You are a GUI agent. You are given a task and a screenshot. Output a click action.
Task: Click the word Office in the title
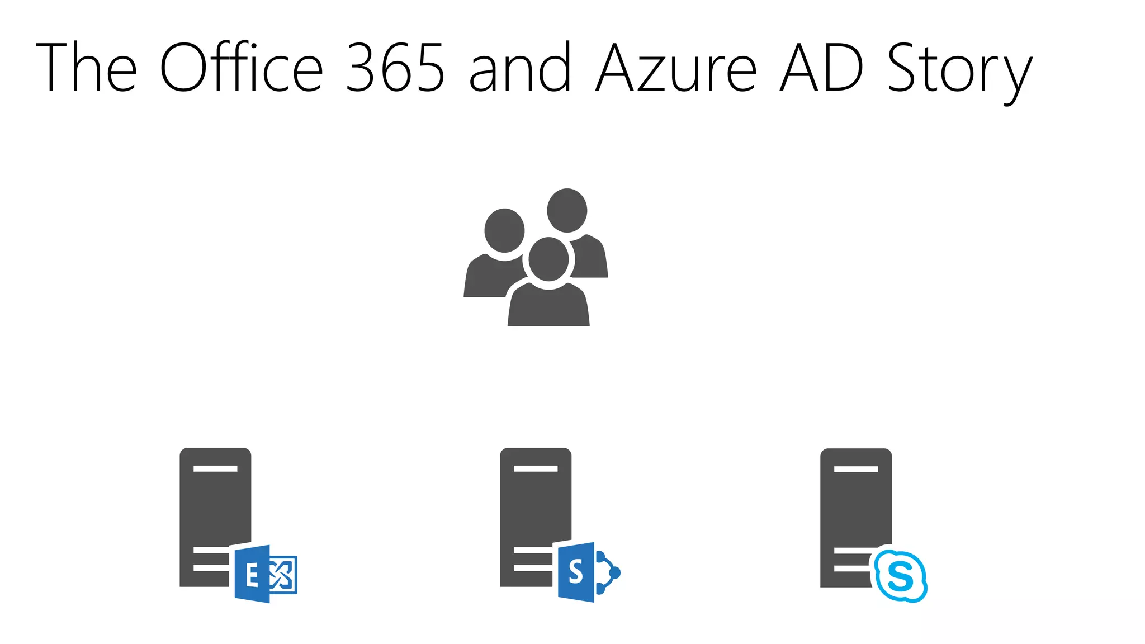(241, 68)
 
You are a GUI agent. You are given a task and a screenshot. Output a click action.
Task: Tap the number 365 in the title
(395, 68)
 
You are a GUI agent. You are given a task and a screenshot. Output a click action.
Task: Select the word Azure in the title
(676, 68)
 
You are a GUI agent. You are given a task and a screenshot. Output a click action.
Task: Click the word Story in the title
(959, 70)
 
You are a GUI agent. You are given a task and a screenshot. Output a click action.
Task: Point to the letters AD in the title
(822, 68)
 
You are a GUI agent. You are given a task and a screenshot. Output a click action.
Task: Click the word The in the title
(86, 68)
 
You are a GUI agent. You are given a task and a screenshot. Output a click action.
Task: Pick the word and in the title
(521, 68)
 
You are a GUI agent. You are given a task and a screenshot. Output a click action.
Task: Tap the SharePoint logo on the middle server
(587, 572)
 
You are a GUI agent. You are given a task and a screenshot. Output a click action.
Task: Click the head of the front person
(548, 259)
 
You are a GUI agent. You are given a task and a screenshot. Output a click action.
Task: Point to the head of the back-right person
(567, 210)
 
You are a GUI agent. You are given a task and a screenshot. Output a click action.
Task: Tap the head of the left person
(504, 230)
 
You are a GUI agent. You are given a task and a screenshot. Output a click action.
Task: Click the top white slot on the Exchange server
(215, 468)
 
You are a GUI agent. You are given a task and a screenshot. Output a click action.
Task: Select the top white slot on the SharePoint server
(536, 468)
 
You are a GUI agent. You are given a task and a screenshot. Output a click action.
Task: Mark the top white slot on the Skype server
(856, 469)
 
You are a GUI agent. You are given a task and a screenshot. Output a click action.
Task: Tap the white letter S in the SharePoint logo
(575, 572)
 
